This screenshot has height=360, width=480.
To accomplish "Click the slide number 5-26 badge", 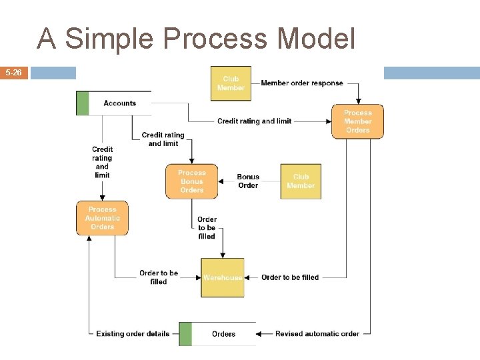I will coord(14,73).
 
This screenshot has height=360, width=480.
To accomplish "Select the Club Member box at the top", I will coord(231,83).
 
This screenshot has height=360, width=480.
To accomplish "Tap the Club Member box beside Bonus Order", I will coord(301,181).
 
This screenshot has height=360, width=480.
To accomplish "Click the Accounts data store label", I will coord(120,103).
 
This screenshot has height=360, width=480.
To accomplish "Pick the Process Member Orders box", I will coord(357,121).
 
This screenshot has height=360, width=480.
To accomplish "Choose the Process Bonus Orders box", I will coord(191,181).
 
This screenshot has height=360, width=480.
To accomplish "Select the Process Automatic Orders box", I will coord(102,218).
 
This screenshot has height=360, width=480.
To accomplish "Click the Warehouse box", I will coord(223,277).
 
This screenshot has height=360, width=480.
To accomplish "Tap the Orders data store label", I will coord(223,334).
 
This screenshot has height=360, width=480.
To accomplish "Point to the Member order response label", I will coord(302,83).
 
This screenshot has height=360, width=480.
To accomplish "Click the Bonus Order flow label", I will coord(248,181).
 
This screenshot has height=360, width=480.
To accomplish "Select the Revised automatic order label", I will coord(317,334).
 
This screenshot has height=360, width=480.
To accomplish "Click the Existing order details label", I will coord(133,334).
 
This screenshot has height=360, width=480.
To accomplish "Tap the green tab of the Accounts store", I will coord(83,103).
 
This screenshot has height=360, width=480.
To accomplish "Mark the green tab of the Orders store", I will coord(185,334).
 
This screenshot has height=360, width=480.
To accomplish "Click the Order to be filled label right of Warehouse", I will coord(290,277).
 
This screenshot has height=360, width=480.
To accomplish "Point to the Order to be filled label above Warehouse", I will coord(207,227).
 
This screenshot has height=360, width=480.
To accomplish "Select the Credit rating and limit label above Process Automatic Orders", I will coord(102,162).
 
